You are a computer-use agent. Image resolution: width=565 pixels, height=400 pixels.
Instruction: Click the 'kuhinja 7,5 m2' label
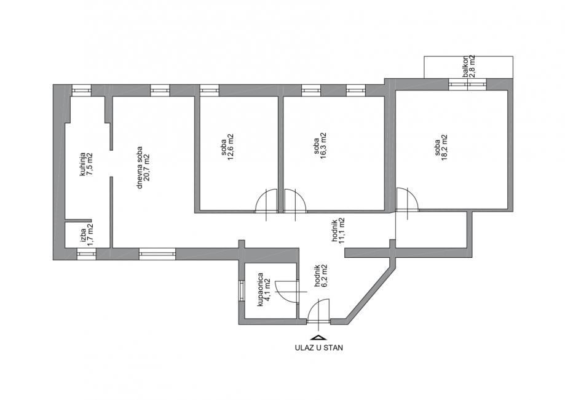(x=85, y=164)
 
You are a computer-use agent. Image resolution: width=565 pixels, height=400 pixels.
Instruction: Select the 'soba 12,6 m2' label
(x=228, y=147)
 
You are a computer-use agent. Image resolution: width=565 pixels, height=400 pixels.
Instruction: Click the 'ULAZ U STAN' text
(x=318, y=347)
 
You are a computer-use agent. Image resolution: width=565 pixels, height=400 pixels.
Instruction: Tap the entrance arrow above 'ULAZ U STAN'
(x=318, y=337)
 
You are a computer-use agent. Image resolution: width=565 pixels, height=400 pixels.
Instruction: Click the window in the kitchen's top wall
(x=81, y=90)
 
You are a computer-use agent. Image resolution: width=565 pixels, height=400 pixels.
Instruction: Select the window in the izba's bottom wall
(x=85, y=253)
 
